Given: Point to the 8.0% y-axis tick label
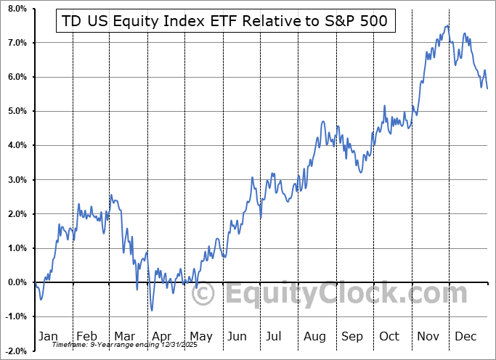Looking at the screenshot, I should coord(16,9).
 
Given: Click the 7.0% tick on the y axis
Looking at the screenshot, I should coord(16,43).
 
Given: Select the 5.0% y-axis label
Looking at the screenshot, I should coord(16,111).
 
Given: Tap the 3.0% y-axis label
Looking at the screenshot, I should coord(16,179).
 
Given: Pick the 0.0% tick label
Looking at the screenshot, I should coord(16,282).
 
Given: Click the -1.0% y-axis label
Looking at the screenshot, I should coord(15,316).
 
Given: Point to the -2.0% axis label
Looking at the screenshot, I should coord(15,351).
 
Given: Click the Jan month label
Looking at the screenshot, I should coord(47,336).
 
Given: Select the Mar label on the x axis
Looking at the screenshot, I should coord(125,336).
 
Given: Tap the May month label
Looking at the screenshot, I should coord(200,336).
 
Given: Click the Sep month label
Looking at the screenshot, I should coord(352,336).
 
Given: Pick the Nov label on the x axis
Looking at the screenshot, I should coord(428,336).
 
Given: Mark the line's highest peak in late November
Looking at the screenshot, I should coord(447,26).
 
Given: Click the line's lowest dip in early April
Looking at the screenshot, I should coord(152,310).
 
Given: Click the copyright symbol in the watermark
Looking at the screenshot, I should coord(204,295).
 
